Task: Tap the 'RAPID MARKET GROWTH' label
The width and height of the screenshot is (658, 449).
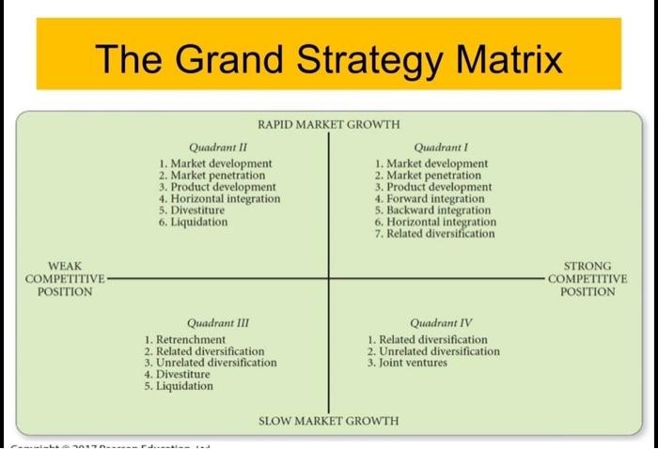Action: click(328, 125)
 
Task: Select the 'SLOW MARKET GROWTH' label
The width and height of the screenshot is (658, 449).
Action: click(328, 420)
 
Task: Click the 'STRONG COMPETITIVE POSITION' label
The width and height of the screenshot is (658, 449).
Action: click(588, 279)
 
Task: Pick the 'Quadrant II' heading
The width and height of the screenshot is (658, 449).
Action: click(218, 147)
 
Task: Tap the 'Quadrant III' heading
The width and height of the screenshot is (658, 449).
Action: click(217, 322)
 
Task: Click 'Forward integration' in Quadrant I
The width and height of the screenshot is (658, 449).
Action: click(434, 199)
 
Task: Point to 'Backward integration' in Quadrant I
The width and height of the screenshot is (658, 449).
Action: click(438, 210)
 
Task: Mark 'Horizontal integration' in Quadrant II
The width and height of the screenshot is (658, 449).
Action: click(225, 199)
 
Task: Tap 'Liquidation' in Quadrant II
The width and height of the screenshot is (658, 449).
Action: click(198, 222)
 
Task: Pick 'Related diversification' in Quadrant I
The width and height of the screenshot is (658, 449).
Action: click(440, 234)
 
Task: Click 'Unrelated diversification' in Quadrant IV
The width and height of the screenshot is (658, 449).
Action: click(439, 351)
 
